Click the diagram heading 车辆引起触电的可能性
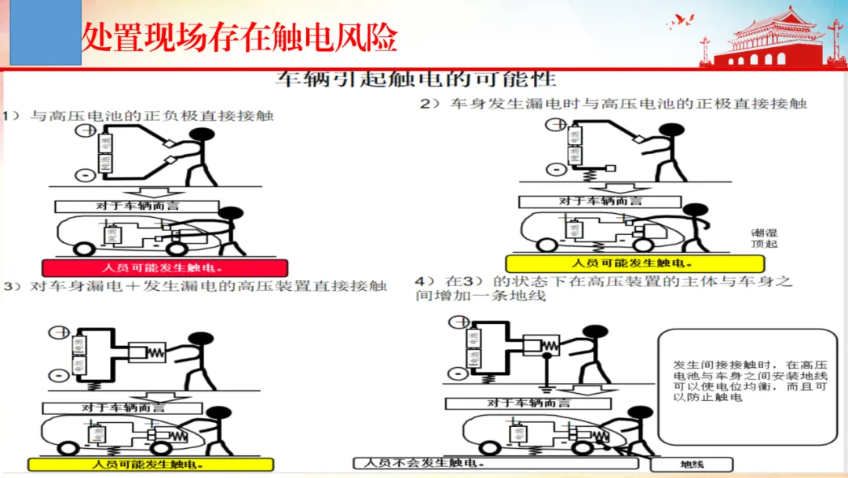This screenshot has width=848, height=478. [x=415, y=79]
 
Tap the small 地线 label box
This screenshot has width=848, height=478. [x=691, y=465]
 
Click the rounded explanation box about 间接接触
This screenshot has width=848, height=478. [x=747, y=387]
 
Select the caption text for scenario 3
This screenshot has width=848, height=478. [x=196, y=286]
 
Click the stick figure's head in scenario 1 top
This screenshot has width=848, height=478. [x=203, y=135]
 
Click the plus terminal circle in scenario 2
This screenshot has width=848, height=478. [x=556, y=123]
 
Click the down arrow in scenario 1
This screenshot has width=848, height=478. [x=160, y=194]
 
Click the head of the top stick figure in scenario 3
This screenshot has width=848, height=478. [x=202, y=340]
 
